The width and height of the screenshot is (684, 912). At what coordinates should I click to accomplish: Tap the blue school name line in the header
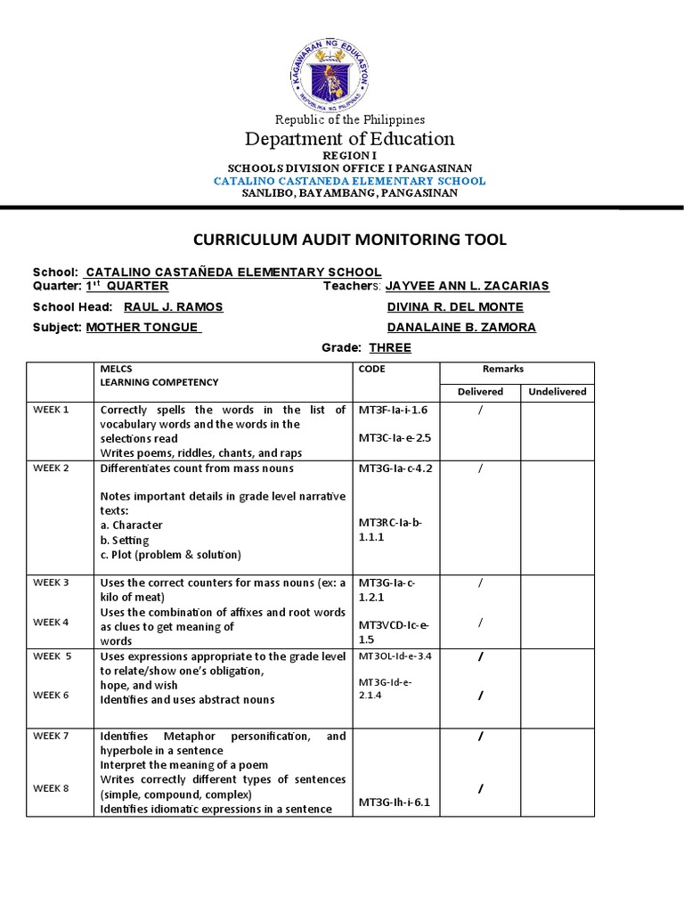point(350,181)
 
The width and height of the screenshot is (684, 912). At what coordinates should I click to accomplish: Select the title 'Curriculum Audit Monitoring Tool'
point(350,240)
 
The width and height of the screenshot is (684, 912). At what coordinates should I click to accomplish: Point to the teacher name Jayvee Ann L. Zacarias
point(467,286)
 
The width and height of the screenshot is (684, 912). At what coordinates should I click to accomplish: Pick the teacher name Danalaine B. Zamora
point(460,327)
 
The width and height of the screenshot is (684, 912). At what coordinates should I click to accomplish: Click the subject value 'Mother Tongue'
point(143,327)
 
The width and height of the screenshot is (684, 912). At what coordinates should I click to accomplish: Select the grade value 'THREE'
point(390,348)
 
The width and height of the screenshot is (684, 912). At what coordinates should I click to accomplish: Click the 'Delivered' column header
point(480,391)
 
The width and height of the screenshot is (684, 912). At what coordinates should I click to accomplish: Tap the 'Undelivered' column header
point(557,391)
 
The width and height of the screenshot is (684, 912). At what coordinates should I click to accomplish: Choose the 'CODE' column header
point(372,369)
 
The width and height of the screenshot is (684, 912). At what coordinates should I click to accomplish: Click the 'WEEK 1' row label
point(51,410)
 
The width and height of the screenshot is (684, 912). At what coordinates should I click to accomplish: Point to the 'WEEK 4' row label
point(51,622)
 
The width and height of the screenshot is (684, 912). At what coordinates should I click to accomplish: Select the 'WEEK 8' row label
point(51,788)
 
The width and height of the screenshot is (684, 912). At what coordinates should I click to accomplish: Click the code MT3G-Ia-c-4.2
point(395,468)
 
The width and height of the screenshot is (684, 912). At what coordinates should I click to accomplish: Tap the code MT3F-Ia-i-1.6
point(393,410)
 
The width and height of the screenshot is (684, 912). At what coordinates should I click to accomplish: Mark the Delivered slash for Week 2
point(480,468)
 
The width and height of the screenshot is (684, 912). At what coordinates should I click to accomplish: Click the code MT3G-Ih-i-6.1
point(393,802)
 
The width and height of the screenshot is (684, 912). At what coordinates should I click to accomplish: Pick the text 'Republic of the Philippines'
point(350,119)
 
